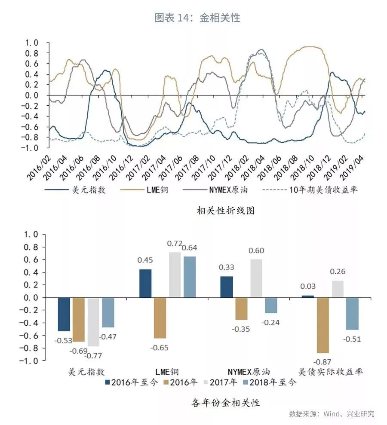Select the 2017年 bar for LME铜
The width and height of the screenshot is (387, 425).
(175, 275)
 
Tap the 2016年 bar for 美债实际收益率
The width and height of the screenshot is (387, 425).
(322, 325)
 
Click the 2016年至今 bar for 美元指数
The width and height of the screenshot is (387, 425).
(64, 314)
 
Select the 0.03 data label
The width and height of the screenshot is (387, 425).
(308, 287)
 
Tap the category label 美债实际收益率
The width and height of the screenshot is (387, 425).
(331, 371)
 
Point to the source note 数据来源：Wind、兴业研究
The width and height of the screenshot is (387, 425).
(331, 414)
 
